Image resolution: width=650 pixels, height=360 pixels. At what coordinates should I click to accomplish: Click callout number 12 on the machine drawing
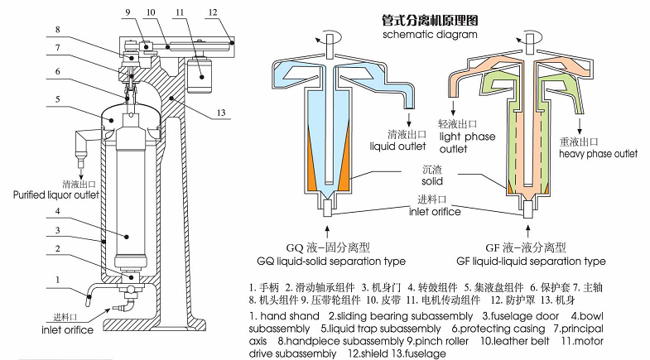[213, 12]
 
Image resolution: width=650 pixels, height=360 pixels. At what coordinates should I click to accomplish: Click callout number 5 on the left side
[58, 98]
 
